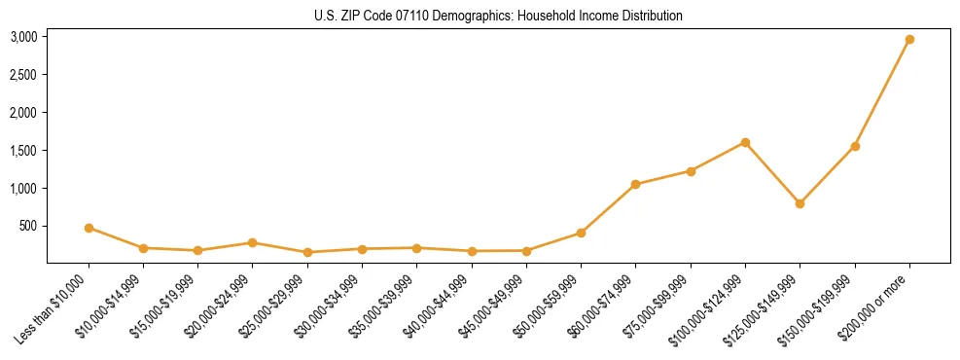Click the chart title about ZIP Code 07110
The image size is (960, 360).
point(498,17)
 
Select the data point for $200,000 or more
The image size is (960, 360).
point(909,40)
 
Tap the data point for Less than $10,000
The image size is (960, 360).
point(89,228)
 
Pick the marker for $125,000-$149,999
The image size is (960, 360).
point(800,203)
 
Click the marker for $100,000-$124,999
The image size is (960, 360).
point(745,142)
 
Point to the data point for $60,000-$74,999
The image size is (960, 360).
point(635,184)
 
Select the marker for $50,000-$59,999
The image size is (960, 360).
point(581,233)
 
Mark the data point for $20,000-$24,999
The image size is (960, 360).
point(252,242)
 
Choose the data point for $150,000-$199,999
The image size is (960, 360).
point(855,146)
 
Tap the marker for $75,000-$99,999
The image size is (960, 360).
point(691,171)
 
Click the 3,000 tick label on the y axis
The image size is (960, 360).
point(23,37)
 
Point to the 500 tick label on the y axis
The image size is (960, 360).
point(28,226)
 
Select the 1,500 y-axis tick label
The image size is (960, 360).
point(23,151)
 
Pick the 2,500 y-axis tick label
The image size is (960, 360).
point(23,75)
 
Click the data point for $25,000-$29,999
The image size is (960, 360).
point(307,252)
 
